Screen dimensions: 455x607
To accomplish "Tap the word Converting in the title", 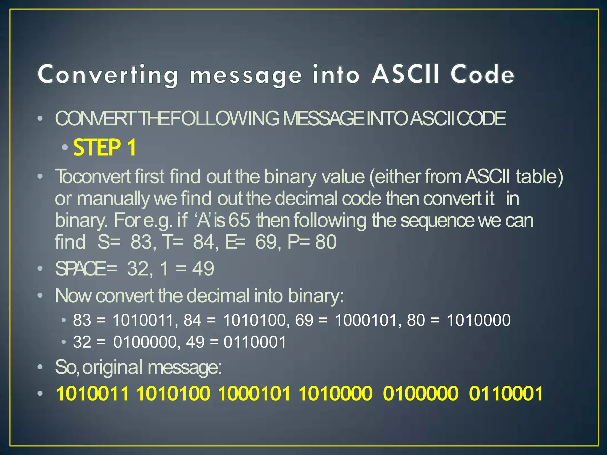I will pyautogui.click(x=107, y=75).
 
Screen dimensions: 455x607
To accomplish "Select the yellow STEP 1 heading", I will pyautogui.click(x=104, y=148).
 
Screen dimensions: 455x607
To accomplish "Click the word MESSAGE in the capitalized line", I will pyautogui.click(x=323, y=118).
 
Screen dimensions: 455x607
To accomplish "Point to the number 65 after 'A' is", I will pyautogui.click(x=239, y=220).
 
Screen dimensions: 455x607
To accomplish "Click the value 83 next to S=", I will pyautogui.click(x=141, y=242).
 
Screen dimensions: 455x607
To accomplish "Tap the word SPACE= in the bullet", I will pyautogui.click(x=86, y=269).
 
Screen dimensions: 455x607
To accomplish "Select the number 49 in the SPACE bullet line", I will pyautogui.click(x=203, y=269).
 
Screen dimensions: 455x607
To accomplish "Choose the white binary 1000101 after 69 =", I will pyautogui.click(x=365, y=320).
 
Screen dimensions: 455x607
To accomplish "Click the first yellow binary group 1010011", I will pyautogui.click(x=93, y=394).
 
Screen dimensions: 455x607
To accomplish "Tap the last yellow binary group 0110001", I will pyautogui.click(x=506, y=394).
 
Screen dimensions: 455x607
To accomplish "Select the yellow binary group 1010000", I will pyautogui.click(x=335, y=394).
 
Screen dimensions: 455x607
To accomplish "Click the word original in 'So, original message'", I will pyautogui.click(x=112, y=367).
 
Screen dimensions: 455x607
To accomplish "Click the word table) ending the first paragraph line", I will pyautogui.click(x=539, y=177).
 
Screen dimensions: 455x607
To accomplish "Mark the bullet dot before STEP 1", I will pyautogui.click(x=65, y=147).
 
